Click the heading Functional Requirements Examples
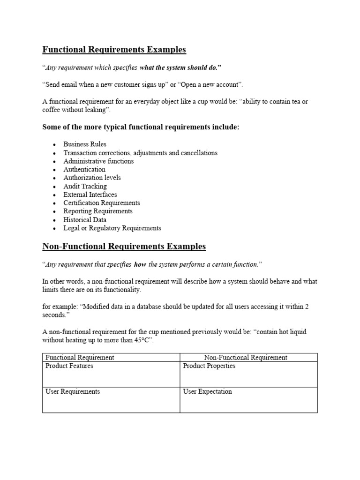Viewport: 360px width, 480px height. pyautogui.click(x=114, y=49)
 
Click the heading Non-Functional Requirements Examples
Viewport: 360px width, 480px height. pyautogui.click(x=124, y=246)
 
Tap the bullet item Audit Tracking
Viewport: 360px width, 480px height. pyautogui.click(x=85, y=186)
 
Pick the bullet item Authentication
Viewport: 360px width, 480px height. pyautogui.click(x=84, y=169)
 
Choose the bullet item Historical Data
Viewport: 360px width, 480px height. pyautogui.click(x=85, y=219)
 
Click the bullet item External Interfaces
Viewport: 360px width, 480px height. pyautogui.click(x=90, y=195)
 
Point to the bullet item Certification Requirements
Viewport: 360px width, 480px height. pyautogui.click(x=102, y=203)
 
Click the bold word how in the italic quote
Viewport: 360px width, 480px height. pyautogui.click(x=140, y=264)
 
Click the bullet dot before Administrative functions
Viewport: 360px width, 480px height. pyautogui.click(x=55, y=162)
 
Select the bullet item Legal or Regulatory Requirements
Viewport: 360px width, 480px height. pyautogui.click(x=112, y=228)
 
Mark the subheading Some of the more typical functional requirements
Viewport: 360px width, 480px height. pyautogui.click(x=141, y=127)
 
